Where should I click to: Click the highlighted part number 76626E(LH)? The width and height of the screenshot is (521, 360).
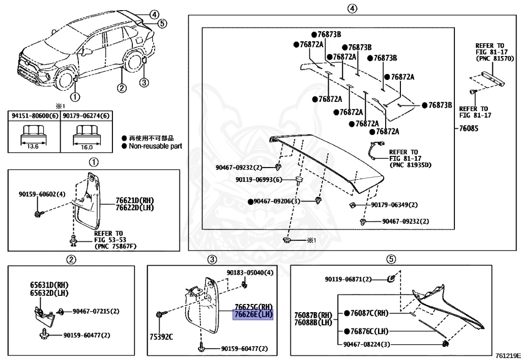pyautogui.click(x=253, y=315)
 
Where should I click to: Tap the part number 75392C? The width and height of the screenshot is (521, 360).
pyautogui.click(x=161, y=337)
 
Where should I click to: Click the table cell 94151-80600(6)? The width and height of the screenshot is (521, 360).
pyautogui.click(x=34, y=116)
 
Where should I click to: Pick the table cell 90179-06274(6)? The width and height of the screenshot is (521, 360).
pyautogui.click(x=86, y=116)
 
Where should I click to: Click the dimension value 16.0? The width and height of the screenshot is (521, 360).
pyautogui.click(x=86, y=147)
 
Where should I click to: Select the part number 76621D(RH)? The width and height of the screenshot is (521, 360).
pyautogui.click(x=134, y=201)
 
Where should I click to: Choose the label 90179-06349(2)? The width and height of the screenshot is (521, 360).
pyautogui.click(x=394, y=205)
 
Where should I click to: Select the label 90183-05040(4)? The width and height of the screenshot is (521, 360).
pyautogui.click(x=250, y=273)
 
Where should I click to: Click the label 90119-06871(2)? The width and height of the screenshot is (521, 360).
pyautogui.click(x=349, y=279)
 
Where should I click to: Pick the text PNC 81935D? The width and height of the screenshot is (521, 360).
pyautogui.click(x=410, y=165)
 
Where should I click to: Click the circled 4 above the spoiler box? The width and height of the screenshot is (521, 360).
pyautogui.click(x=351, y=8)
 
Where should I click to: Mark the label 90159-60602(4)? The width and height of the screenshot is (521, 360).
pyautogui.click(x=42, y=194)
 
